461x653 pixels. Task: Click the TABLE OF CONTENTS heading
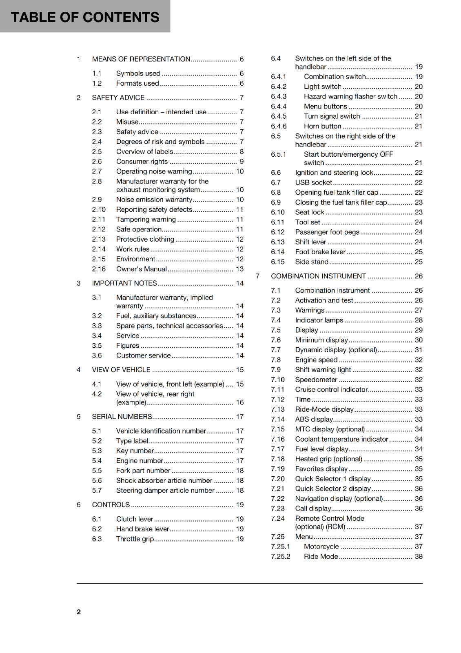tap(85, 17)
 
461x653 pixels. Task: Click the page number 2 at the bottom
tap(79, 612)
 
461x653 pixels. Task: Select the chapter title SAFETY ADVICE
tap(118, 98)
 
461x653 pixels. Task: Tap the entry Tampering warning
tap(146, 220)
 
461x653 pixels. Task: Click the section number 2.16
tap(99, 269)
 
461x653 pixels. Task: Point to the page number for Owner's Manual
tap(239, 269)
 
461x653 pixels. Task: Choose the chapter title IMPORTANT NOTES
tap(124, 283)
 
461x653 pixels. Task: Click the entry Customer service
tap(143, 355)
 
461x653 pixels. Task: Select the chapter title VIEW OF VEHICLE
tap(121, 370)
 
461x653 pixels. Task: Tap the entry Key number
tap(135, 451)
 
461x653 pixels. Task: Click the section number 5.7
tap(97, 491)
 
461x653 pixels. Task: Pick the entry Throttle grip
tap(135, 539)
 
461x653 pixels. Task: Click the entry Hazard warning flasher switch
tap(350, 97)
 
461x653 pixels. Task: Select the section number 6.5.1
tap(278, 154)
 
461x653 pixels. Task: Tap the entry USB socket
tap(313, 183)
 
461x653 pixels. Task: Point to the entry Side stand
tap(312, 262)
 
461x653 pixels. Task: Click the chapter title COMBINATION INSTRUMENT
tap(318, 276)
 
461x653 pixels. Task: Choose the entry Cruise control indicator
tap(331, 390)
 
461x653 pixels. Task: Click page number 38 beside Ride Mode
tap(419, 557)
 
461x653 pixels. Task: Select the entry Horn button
tap(322, 127)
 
